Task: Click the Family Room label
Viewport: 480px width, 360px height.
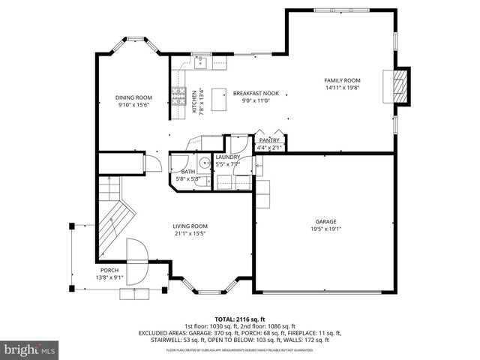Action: click(342, 80)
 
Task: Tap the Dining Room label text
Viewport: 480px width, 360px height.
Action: click(133, 97)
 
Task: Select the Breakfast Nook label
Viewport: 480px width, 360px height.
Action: click(256, 93)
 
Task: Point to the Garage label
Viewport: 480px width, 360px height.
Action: click(325, 222)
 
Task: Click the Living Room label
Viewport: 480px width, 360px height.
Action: click(190, 226)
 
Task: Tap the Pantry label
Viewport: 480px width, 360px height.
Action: click(268, 140)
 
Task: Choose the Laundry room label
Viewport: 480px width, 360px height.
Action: click(227, 157)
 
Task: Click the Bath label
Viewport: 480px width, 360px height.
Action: click(187, 172)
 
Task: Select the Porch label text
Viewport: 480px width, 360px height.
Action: click(109, 271)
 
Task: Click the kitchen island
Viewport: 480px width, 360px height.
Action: click(220, 98)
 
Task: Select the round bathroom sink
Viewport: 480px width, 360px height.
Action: click(204, 161)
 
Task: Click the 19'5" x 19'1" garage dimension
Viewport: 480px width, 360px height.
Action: click(325, 229)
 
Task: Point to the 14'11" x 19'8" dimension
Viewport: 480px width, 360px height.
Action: click(342, 88)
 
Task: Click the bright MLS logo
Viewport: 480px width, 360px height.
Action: click(30, 349)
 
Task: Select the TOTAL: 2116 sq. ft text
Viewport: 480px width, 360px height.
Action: click(239, 319)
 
